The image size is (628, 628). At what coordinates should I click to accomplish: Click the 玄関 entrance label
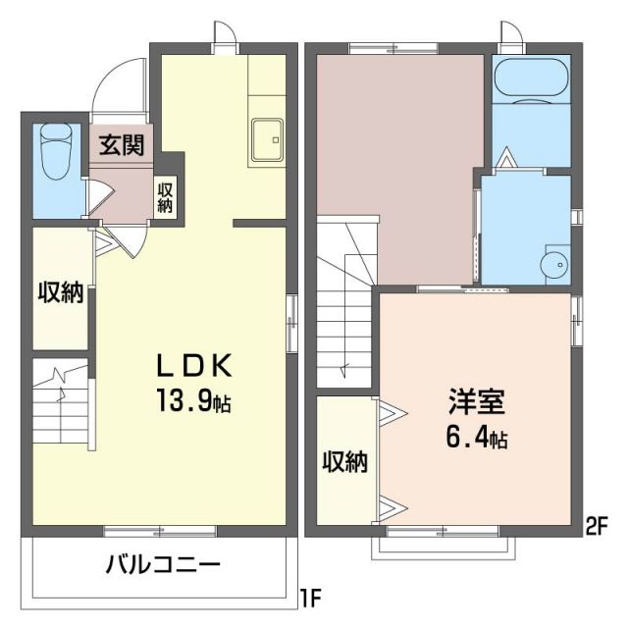tap(122, 147)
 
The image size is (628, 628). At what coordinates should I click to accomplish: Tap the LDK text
tap(195, 366)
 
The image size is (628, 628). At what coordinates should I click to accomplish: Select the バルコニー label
tap(163, 566)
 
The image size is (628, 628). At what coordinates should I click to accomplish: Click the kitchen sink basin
tap(266, 139)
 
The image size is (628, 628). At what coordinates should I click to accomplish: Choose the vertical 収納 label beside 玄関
tap(166, 197)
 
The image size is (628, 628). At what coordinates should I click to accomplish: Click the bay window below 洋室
tap(442, 546)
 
